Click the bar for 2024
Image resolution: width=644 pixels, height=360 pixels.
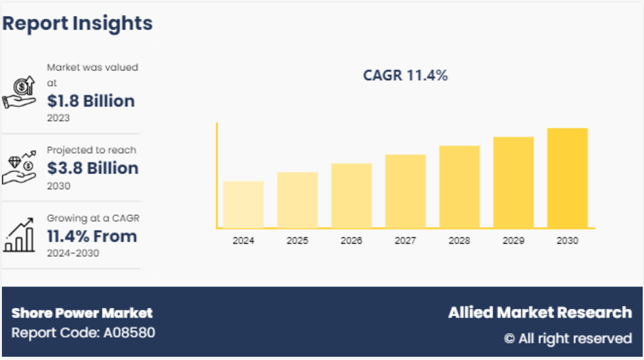click(x=243, y=204)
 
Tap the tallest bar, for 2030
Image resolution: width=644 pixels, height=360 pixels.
click(x=567, y=178)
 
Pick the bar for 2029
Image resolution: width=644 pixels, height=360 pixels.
click(x=513, y=182)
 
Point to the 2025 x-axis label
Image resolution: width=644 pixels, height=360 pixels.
click(x=297, y=241)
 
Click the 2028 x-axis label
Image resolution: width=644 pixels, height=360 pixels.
click(x=459, y=241)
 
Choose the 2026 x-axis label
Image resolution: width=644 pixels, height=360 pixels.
click(x=351, y=241)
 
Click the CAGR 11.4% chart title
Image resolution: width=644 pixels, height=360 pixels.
click(x=405, y=75)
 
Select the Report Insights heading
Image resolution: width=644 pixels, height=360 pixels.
click(x=78, y=23)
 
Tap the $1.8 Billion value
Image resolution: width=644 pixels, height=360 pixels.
click(x=91, y=101)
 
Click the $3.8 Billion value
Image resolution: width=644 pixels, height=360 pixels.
click(x=93, y=168)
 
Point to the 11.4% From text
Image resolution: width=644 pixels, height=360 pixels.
click(x=91, y=236)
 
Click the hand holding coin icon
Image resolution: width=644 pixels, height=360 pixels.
click(x=21, y=93)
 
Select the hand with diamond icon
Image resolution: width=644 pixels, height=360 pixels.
click(x=19, y=168)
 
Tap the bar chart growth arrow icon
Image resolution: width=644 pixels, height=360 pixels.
click(x=19, y=235)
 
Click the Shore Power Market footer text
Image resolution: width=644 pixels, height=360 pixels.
click(x=82, y=313)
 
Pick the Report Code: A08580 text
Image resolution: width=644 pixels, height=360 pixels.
click(x=83, y=333)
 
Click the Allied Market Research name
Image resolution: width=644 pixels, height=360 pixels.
click(x=540, y=313)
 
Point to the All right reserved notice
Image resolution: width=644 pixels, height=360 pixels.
click(x=568, y=338)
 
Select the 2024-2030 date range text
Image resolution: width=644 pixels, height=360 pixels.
click(x=73, y=253)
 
